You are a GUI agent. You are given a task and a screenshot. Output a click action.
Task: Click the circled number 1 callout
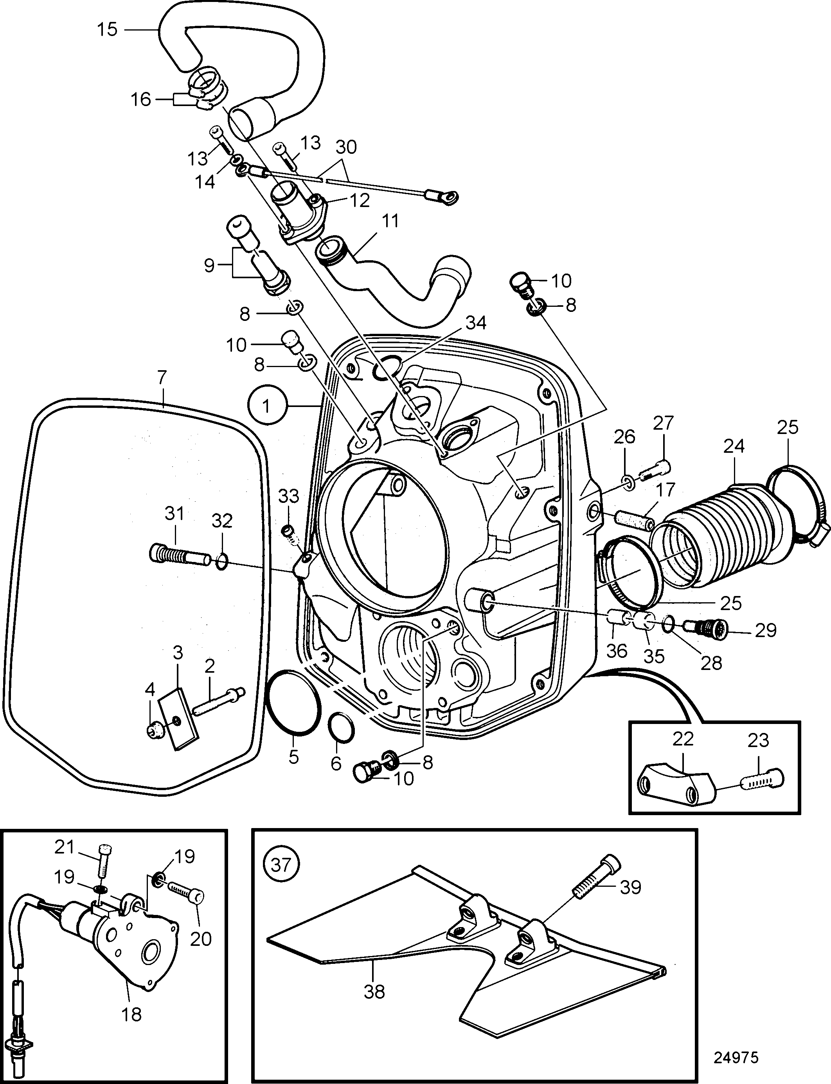pyautogui.click(x=266, y=407)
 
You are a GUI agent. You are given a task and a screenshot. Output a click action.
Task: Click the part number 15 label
pyautogui.click(x=107, y=29)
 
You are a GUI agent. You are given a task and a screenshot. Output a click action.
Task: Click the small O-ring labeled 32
pyautogui.click(x=223, y=562)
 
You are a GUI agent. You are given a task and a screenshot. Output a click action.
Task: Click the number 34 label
pyautogui.click(x=476, y=323)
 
